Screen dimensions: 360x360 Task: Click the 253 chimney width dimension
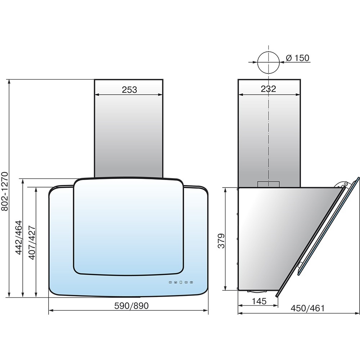[129, 90]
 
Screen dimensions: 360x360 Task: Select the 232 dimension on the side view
[269, 89]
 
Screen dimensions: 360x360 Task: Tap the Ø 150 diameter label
[298, 58]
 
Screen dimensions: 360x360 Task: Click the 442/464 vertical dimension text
[18, 237]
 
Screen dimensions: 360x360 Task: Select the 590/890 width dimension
[131, 306]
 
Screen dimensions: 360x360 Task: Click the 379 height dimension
[221, 241]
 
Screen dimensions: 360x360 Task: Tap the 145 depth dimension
[259, 301]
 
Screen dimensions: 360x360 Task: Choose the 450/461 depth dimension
[308, 308]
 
